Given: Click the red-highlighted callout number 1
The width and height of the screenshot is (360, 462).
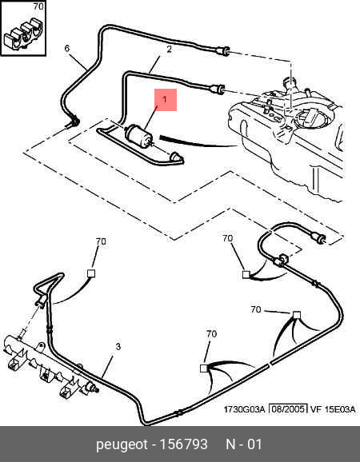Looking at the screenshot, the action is click(x=165, y=99).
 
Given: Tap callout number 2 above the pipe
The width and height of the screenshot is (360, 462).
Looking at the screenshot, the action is click(x=169, y=50).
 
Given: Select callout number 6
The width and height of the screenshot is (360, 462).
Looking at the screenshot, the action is click(x=67, y=48).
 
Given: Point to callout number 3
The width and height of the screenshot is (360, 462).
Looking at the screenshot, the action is click(x=118, y=347).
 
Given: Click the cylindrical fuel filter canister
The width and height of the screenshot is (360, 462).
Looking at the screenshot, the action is click(x=138, y=136).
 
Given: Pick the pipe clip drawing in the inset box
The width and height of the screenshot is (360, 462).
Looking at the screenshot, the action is click(x=23, y=34).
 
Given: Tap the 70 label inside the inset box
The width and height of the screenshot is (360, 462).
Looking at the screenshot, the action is click(x=38, y=6).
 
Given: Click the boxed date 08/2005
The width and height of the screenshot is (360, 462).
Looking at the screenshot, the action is click(x=289, y=409).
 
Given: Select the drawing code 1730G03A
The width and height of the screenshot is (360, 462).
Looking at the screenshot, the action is click(x=245, y=409).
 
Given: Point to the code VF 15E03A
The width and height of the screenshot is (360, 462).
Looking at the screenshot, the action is click(x=333, y=409).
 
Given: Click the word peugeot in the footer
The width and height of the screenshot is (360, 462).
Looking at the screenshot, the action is click(x=122, y=444).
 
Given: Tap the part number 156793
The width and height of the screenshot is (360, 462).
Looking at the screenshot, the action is click(x=183, y=444).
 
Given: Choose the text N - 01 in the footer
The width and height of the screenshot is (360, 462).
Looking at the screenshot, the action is click(x=244, y=444).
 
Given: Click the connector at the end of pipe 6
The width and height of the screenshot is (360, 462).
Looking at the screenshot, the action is click(x=222, y=51).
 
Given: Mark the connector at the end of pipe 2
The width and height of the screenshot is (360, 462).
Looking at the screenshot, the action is click(x=217, y=88).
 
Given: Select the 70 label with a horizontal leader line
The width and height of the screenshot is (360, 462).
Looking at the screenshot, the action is click(x=256, y=309).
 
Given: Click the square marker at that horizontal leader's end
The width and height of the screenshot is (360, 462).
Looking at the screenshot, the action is click(x=297, y=315).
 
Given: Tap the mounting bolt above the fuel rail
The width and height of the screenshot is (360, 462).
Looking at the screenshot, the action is click(x=22, y=334).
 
